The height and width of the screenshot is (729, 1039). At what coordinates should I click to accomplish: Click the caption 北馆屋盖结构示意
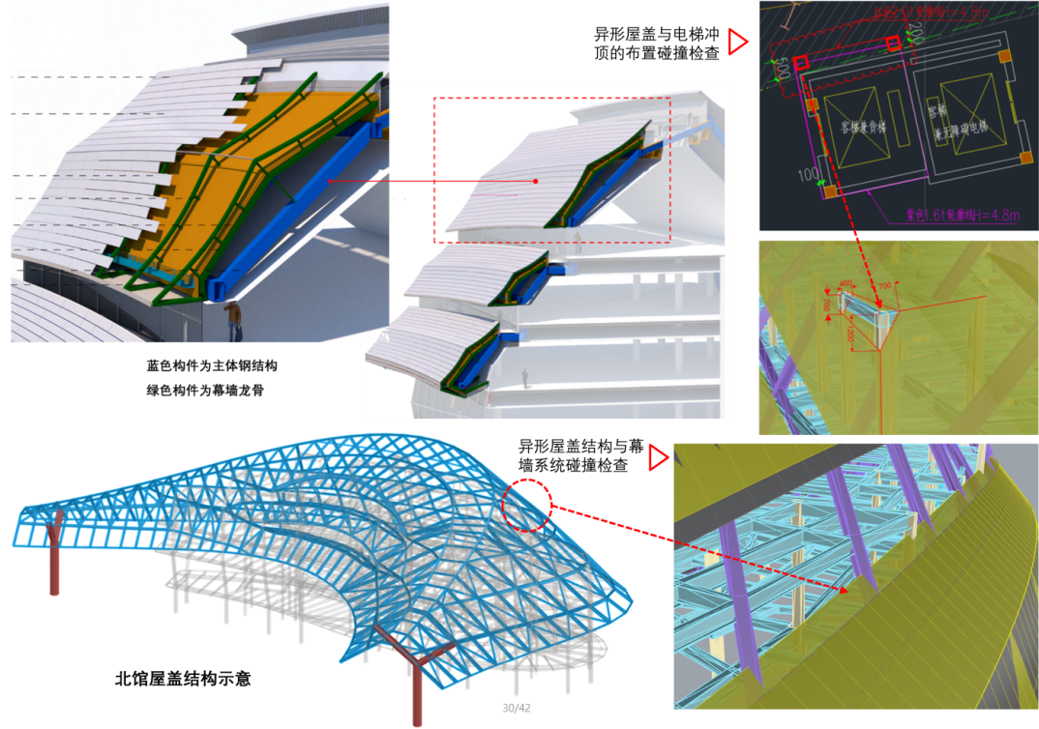(182, 679)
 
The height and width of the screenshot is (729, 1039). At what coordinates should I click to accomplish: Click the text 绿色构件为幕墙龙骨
(205, 392)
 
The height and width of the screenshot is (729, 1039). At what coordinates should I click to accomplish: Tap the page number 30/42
(516, 708)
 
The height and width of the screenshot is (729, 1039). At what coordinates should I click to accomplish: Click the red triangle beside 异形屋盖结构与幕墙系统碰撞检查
(659, 456)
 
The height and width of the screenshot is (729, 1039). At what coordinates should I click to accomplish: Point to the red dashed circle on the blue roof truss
(526, 504)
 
